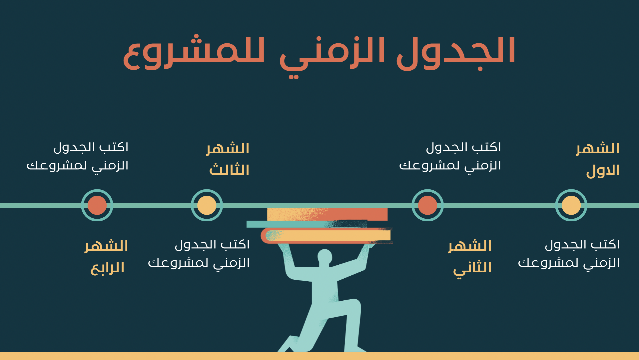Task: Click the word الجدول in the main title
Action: click(456, 53)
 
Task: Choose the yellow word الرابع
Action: click(107, 268)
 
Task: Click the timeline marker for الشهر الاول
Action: click(571, 205)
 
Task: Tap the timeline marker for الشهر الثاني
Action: click(427, 205)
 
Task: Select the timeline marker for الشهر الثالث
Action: click(207, 205)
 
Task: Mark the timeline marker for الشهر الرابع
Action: click(97, 205)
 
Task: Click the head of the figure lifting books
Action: click(324, 257)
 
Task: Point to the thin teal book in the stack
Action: click(307, 224)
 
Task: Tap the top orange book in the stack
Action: click(327, 214)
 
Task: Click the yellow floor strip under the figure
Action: click(319, 356)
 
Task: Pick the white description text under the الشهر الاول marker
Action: click(569, 254)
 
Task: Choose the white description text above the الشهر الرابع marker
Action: click(77, 157)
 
